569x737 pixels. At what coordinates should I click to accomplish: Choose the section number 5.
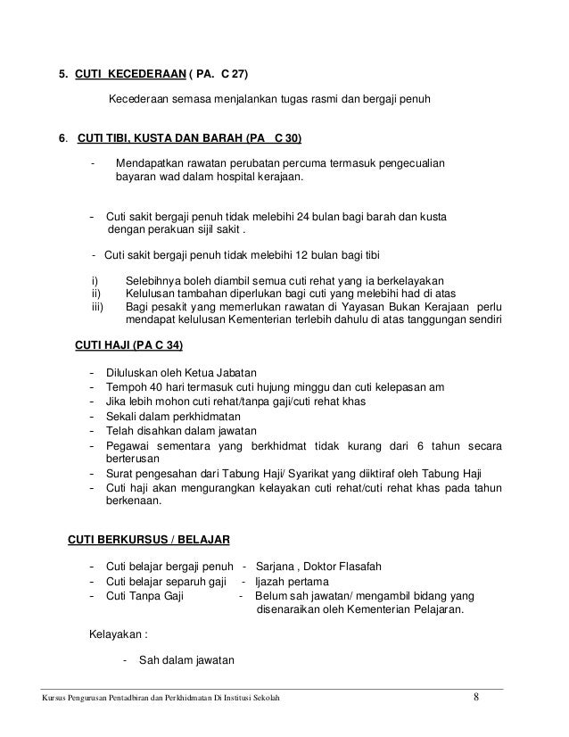pyautogui.click(x=62, y=74)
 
